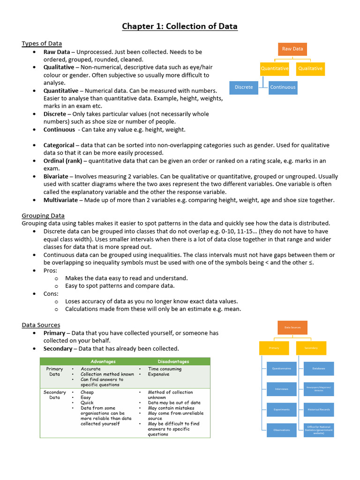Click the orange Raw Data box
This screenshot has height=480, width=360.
[292, 49]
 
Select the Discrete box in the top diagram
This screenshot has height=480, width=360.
[244, 87]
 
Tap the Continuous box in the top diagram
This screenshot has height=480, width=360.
[283, 87]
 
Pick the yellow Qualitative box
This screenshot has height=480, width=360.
[310, 68]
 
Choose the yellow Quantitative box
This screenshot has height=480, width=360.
[275, 68]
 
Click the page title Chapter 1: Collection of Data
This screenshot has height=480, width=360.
[180, 26]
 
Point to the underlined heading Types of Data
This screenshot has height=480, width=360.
[42, 44]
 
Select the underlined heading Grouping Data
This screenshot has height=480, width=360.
[43, 216]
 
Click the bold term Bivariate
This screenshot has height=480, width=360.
[58, 176]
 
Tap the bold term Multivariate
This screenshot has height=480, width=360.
[61, 200]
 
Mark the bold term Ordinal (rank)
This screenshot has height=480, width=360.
[63, 161]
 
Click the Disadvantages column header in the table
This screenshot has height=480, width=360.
[173, 361]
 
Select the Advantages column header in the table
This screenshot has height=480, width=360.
[103, 361]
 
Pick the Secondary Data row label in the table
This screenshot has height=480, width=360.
[55, 395]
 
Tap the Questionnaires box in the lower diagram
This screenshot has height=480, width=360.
[282, 368]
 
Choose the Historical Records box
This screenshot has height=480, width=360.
[319, 409]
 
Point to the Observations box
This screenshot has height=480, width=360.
[282, 430]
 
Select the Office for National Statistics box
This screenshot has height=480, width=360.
[319, 430]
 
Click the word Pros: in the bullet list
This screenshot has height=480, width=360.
[51, 270]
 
